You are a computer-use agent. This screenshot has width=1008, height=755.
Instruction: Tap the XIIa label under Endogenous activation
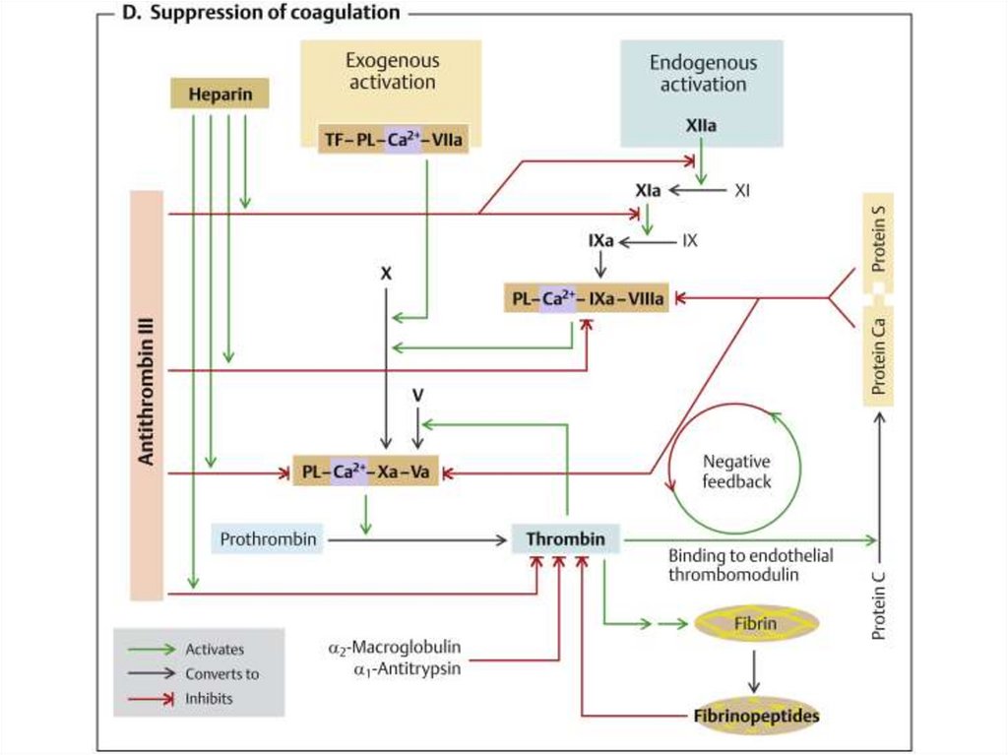[700, 126]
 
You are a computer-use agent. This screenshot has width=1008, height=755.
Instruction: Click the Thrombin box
[564, 539]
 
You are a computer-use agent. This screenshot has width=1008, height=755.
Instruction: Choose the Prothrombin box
[267, 539]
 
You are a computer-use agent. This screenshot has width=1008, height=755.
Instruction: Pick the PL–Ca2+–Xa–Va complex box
[365, 472]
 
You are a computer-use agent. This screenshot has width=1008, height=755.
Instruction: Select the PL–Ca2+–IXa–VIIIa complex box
[586, 296]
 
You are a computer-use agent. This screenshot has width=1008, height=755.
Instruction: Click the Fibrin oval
[754, 623]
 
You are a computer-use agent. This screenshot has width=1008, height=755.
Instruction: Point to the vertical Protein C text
[880, 591]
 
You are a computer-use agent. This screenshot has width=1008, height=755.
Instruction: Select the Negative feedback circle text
[736, 472]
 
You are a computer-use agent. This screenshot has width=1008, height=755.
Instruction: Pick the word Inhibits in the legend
[210, 698]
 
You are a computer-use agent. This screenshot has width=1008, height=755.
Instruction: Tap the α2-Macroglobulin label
[394, 649]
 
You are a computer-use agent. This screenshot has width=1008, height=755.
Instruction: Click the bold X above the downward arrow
[386, 273]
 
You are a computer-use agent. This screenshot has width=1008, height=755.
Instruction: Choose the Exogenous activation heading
[391, 71]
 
